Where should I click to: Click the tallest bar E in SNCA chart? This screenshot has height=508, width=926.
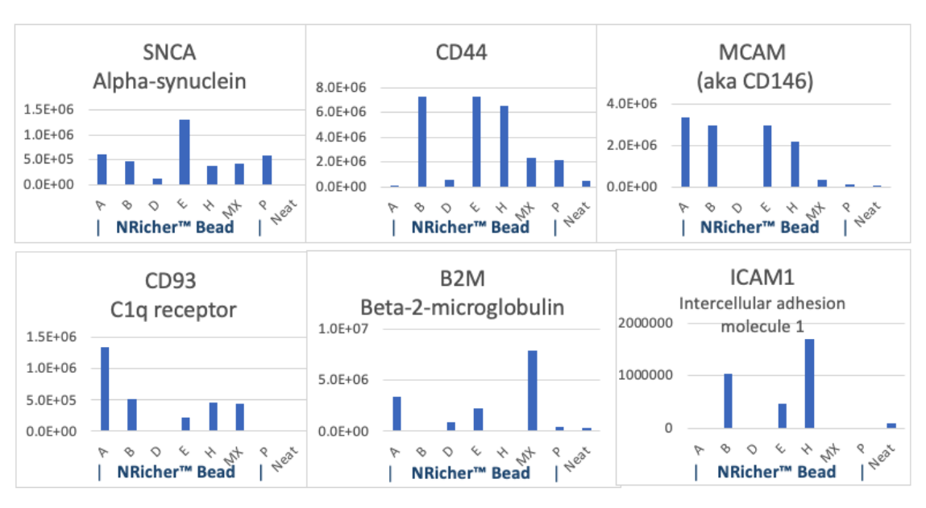[185, 152]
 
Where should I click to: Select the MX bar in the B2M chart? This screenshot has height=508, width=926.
[533, 390]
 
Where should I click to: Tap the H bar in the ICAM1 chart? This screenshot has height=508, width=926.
[808, 383]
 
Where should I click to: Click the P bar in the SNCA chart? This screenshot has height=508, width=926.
[267, 170]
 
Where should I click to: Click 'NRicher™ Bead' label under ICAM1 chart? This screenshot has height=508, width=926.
[776, 472]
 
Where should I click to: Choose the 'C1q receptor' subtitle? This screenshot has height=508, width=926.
[170, 309]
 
